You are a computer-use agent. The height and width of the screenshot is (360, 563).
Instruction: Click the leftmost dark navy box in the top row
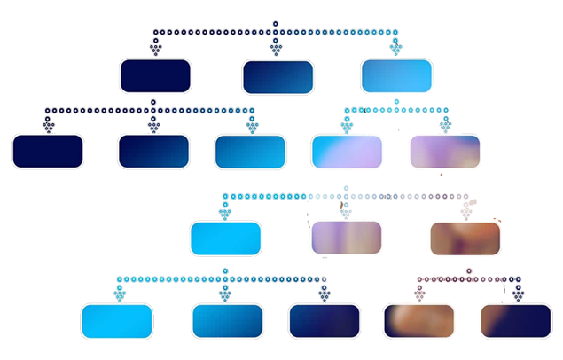pyautogui.click(x=156, y=74)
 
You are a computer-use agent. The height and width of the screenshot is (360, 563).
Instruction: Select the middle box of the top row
pyautogui.click(x=278, y=75)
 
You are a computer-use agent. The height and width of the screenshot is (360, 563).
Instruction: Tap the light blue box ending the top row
pyautogui.click(x=396, y=75)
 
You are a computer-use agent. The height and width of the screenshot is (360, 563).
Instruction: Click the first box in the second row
pyautogui.click(x=47, y=151)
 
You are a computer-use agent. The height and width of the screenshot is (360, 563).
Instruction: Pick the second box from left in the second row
pyautogui.click(x=153, y=151)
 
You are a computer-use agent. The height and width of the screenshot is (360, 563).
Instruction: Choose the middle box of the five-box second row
pyautogui.click(x=250, y=151)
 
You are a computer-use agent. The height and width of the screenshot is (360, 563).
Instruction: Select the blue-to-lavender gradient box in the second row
pyautogui.click(x=347, y=151)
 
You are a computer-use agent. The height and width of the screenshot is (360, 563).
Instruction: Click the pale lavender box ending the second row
pyautogui.click(x=445, y=151)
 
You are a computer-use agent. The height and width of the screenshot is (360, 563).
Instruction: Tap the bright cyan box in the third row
pyautogui.click(x=225, y=238)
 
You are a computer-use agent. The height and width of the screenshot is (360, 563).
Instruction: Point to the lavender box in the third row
pyautogui.click(x=347, y=238)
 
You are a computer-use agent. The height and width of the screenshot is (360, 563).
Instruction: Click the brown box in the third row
pyautogui.click(x=465, y=238)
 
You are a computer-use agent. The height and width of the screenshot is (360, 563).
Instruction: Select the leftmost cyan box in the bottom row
pyautogui.click(x=117, y=321)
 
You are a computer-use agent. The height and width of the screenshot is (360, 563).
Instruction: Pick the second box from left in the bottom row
pyautogui.click(x=227, y=321)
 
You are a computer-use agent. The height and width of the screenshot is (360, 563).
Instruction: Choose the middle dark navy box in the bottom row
pyautogui.click(x=324, y=321)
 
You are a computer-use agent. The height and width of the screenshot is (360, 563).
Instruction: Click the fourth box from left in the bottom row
pyautogui.click(x=419, y=321)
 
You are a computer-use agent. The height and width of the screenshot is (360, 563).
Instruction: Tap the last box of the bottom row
pyautogui.click(x=515, y=321)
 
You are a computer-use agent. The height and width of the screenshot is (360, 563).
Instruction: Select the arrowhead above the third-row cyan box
pyautogui.click(x=225, y=213)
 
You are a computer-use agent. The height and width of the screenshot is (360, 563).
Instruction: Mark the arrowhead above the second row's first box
pyautogui.click(x=48, y=126)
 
